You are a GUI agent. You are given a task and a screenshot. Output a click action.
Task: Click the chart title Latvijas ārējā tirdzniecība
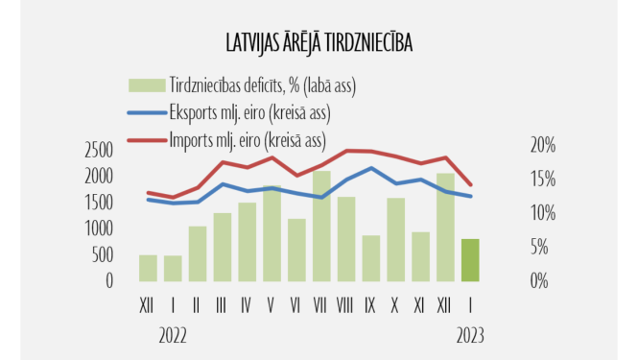coord(319,45)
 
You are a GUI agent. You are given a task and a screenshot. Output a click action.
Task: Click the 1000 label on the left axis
coord(99,228)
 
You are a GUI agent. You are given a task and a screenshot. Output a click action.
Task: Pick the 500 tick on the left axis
coord(104,254)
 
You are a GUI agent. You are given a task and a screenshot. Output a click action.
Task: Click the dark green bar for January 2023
coord(470,259)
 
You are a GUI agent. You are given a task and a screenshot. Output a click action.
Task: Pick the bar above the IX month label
coord(371,257)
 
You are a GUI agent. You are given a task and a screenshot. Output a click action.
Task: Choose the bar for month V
coord(272,233)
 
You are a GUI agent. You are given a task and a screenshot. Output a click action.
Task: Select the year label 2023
coord(468,335)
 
